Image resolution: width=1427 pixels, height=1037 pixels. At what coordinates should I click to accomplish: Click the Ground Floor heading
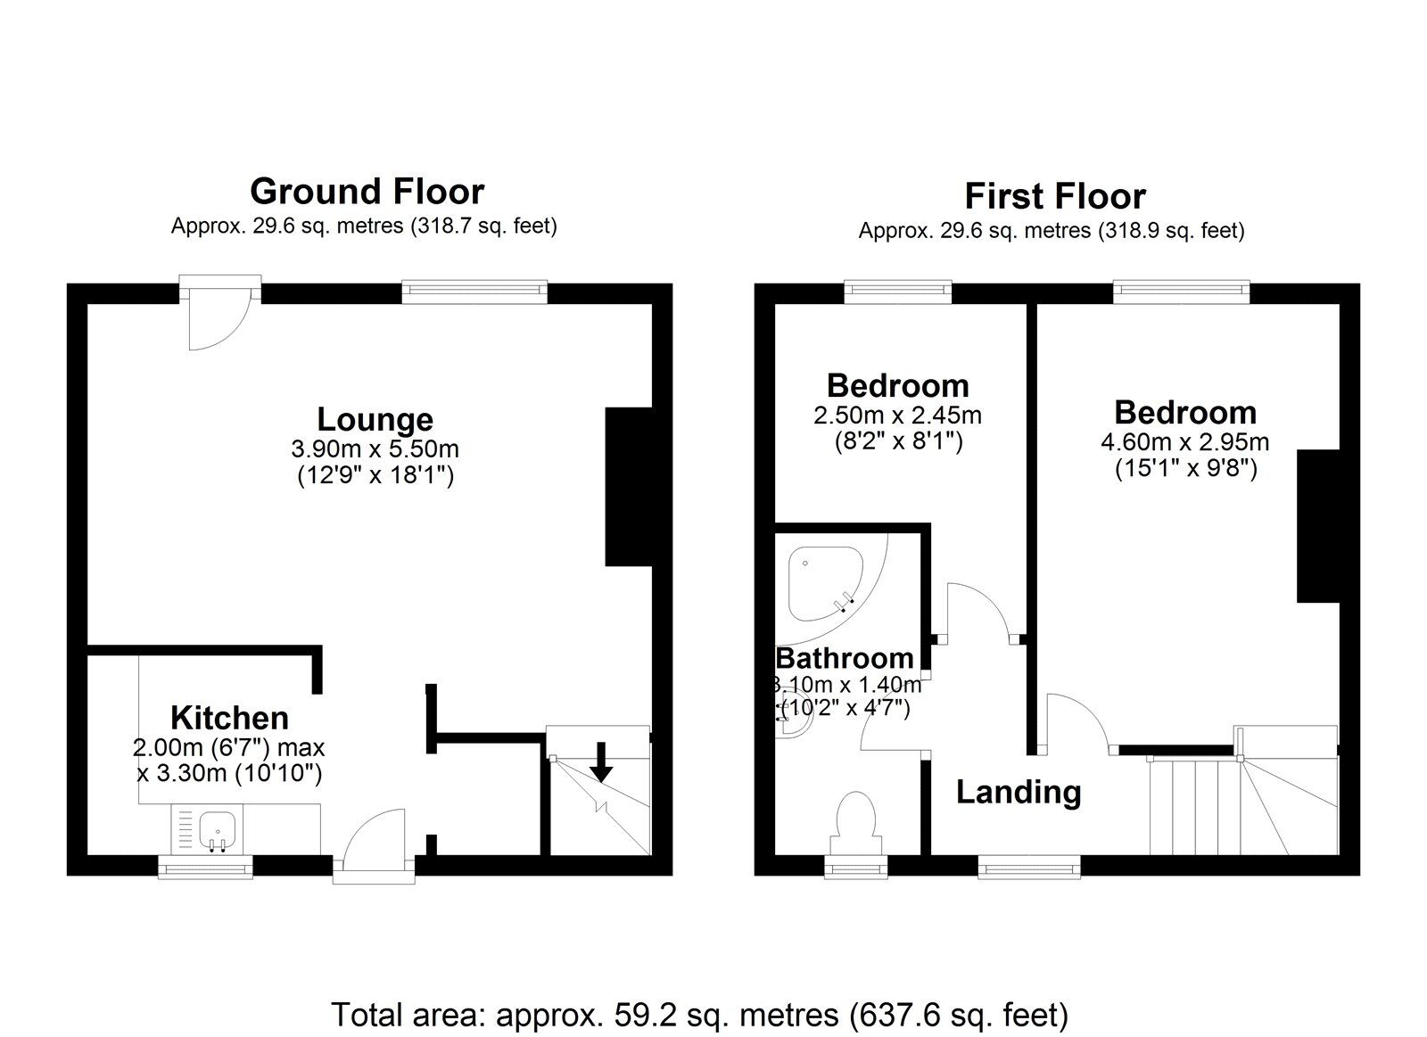367,192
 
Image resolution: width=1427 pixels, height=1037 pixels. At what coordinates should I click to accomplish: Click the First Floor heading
1054,196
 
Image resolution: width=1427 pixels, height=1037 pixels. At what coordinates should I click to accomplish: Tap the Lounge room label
375,419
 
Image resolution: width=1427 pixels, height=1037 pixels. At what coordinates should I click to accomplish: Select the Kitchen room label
229,718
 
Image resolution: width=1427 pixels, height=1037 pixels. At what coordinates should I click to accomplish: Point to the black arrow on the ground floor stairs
602,762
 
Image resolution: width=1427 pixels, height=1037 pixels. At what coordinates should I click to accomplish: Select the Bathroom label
845,659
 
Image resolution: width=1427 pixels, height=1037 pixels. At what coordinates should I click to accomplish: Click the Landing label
1019,792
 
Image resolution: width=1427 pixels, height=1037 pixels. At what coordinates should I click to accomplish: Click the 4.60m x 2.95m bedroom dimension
1185,441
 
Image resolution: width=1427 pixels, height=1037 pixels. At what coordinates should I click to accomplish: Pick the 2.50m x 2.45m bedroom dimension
897,415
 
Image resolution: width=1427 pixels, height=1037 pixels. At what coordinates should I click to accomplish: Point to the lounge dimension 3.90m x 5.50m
375,449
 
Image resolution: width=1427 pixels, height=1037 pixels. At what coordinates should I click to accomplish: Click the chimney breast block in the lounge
628,486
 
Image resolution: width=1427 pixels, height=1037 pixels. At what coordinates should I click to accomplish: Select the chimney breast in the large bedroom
1318,526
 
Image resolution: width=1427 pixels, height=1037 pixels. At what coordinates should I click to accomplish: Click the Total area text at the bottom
699,1015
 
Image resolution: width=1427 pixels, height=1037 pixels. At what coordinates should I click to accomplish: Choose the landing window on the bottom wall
1029,866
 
